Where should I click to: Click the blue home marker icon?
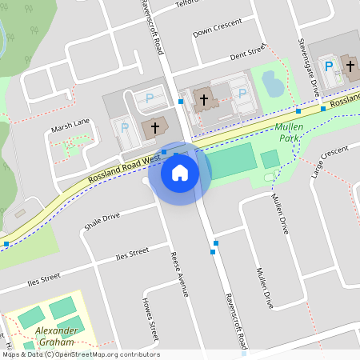pos(180,172)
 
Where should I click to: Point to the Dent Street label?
pos(246,54)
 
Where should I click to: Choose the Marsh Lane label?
pos(70,124)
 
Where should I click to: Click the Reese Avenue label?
pos(178,274)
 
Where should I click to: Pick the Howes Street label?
pos(150,319)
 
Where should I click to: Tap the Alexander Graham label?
pos(56,336)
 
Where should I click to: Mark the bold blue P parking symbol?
pos(328,66)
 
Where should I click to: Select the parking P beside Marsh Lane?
pos(123,126)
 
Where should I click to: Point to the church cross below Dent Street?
pos(204,100)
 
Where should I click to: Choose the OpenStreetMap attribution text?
pos(80,354)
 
